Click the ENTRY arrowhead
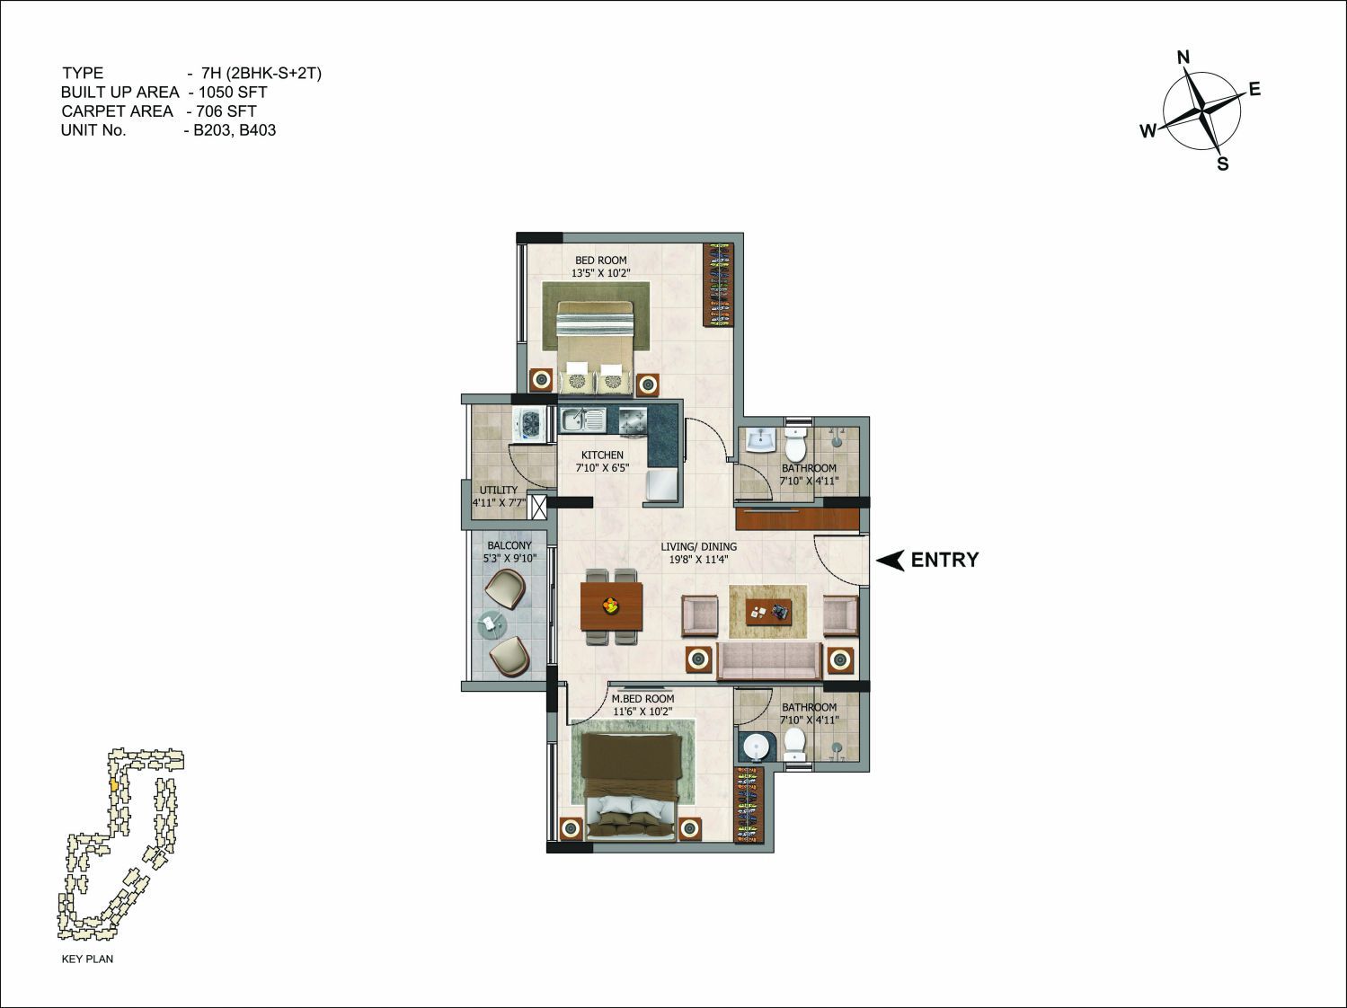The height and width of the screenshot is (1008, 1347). (x=891, y=560)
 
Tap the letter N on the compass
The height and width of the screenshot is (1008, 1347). (x=1183, y=57)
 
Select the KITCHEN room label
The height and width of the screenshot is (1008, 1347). (x=602, y=455)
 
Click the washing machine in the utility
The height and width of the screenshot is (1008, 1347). (x=529, y=423)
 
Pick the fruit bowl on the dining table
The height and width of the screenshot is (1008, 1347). (x=611, y=606)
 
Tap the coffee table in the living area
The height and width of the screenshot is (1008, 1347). (x=768, y=611)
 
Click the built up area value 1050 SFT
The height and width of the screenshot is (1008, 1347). (x=233, y=92)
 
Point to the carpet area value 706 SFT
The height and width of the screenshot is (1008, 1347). (x=226, y=111)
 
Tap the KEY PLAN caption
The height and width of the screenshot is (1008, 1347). (x=87, y=959)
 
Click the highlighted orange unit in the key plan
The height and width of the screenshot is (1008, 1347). (x=113, y=784)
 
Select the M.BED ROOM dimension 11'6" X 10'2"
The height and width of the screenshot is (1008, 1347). (x=642, y=712)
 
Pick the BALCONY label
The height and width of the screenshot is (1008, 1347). (x=510, y=545)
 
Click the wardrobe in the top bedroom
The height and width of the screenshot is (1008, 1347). (x=718, y=286)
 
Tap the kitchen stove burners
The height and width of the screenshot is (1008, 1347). (x=633, y=421)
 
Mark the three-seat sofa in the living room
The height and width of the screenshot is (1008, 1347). (x=768, y=660)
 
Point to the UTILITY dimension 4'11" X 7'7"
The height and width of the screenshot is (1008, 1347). (x=499, y=503)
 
